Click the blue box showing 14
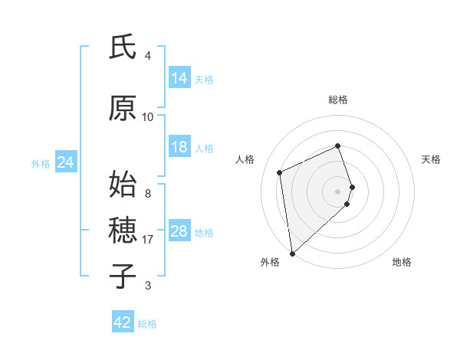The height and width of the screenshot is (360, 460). point(179,78)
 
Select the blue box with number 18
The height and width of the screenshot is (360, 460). point(179,147)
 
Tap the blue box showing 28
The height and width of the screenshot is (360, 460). point(179,232)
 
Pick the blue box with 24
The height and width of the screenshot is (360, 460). point(65,162)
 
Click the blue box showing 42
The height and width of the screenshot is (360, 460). point(123,322)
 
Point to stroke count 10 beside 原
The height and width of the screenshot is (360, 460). point(148,116)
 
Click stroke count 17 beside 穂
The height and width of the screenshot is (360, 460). point(148,240)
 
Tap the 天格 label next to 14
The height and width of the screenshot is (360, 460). point(204,79)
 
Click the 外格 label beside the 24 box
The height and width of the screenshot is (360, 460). point(41,163)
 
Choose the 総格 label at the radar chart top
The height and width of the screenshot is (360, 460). point(338,100)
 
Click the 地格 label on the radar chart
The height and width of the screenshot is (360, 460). point(402,262)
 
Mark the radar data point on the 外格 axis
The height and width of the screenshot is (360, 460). point(292,253)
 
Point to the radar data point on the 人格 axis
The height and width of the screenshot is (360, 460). point(280,172)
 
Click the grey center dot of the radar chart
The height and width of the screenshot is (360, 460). point(338,190)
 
